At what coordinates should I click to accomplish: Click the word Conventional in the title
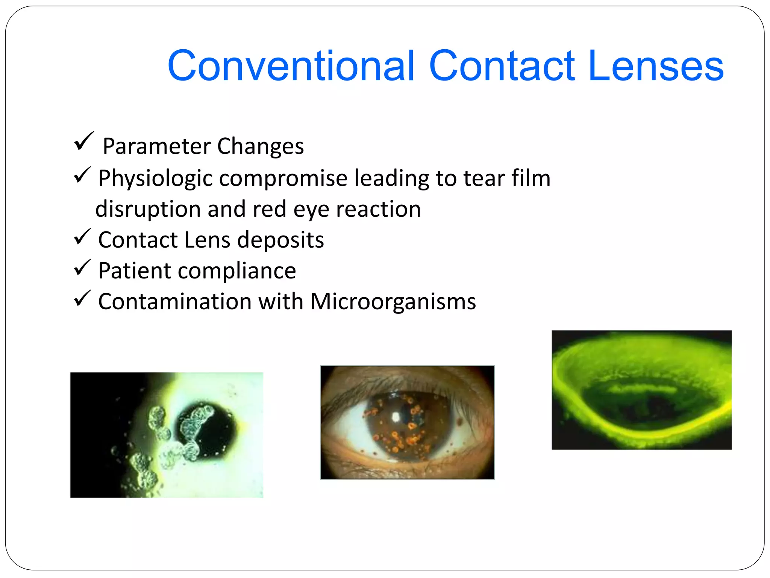291,66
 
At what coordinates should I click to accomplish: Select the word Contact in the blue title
502,66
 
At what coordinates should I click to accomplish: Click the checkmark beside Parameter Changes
83,141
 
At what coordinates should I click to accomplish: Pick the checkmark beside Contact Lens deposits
82,237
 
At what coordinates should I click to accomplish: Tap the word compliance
237,271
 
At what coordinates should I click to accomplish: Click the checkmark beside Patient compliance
82,268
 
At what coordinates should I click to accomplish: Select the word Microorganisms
393,302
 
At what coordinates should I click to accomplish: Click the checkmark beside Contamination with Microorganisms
82,298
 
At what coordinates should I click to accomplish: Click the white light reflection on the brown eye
396,417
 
